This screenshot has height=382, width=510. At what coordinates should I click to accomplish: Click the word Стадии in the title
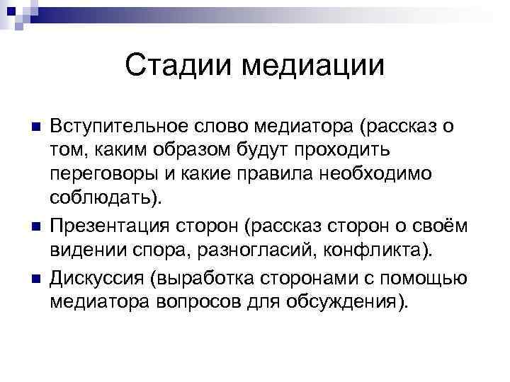(x=178, y=66)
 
